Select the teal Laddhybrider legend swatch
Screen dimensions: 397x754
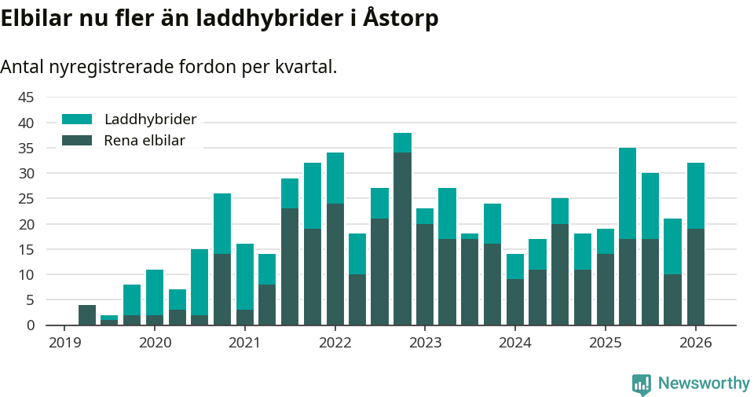coord(77,119)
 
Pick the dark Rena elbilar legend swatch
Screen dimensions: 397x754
coord(77,141)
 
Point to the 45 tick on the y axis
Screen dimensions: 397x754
coord(26,97)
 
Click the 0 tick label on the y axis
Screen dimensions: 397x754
coord(31,325)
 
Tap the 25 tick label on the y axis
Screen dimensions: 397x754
coord(26,199)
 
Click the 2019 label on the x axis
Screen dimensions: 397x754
coord(64,343)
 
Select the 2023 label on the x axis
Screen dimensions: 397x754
coord(425,343)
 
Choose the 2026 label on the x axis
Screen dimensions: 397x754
coord(695,343)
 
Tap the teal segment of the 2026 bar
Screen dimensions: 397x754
coord(695,196)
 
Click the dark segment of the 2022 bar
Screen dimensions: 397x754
coord(335,264)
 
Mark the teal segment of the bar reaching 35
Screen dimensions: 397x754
coord(628,193)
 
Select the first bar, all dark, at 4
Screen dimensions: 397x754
coord(87,314)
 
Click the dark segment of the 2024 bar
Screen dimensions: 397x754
coord(515,302)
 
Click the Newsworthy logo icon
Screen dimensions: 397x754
coord(641,384)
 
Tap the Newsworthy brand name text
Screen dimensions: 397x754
coord(704,384)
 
